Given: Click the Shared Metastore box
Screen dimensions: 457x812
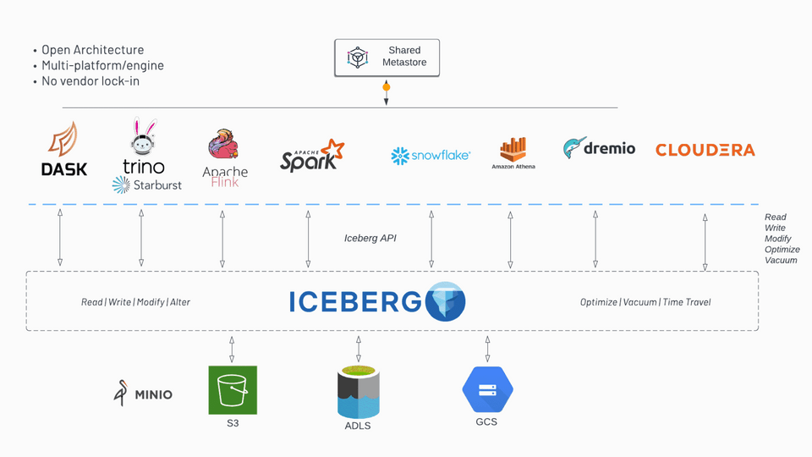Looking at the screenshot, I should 386,57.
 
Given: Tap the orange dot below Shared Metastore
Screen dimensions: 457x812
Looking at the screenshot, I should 387,87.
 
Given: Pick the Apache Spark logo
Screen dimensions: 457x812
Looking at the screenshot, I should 312,155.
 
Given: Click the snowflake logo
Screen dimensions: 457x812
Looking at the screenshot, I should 431,156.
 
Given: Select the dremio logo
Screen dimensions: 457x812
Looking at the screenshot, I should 599,148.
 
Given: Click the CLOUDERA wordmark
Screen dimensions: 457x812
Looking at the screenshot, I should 705,150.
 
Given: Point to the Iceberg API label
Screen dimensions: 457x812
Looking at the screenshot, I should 370,239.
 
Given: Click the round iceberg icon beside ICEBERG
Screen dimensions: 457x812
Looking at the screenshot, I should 446,301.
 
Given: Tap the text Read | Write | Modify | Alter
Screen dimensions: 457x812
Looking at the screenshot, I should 135,302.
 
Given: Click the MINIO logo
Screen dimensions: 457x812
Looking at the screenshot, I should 143,394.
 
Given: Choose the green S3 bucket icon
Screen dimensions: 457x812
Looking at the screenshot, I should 233,390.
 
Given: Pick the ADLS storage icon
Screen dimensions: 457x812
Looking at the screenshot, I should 358,391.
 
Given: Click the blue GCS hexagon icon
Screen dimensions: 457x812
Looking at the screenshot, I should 487,389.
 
